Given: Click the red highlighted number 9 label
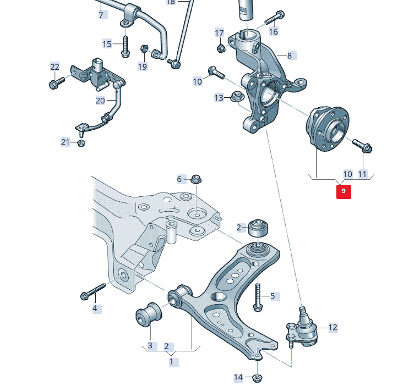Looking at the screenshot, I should [344, 191].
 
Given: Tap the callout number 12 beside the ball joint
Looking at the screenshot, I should [332, 327].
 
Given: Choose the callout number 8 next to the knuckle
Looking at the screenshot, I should [290, 55].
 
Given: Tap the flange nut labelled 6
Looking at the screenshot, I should [195, 179].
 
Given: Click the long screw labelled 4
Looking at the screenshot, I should [94, 291].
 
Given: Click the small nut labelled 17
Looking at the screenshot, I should [220, 47].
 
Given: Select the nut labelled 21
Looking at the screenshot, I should [81, 144].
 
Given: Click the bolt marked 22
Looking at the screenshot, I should [56, 82].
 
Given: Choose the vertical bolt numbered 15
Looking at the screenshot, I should [125, 46].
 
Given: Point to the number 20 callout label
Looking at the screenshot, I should [100, 101].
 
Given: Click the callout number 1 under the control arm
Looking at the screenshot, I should [171, 362].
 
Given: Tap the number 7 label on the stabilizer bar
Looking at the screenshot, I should [101, 15].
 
